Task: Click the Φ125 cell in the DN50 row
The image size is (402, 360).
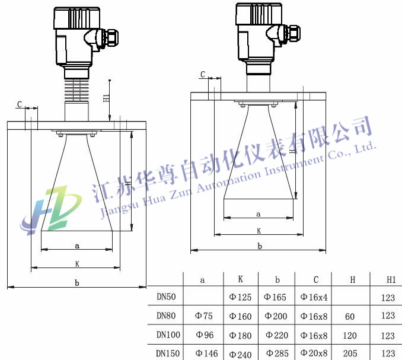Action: pos(240,297)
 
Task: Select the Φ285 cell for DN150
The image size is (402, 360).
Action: pos(277,353)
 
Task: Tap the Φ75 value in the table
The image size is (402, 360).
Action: pos(204,316)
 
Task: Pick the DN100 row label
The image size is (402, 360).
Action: pos(168,334)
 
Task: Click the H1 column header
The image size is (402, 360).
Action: pos(391,280)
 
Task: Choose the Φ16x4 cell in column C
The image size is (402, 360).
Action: pos(314,297)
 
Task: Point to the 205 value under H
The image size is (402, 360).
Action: pos(350,353)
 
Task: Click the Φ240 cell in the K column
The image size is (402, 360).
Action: pos(240,354)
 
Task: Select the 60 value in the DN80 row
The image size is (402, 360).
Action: pos(350,317)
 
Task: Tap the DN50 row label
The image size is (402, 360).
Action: pos(166,297)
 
